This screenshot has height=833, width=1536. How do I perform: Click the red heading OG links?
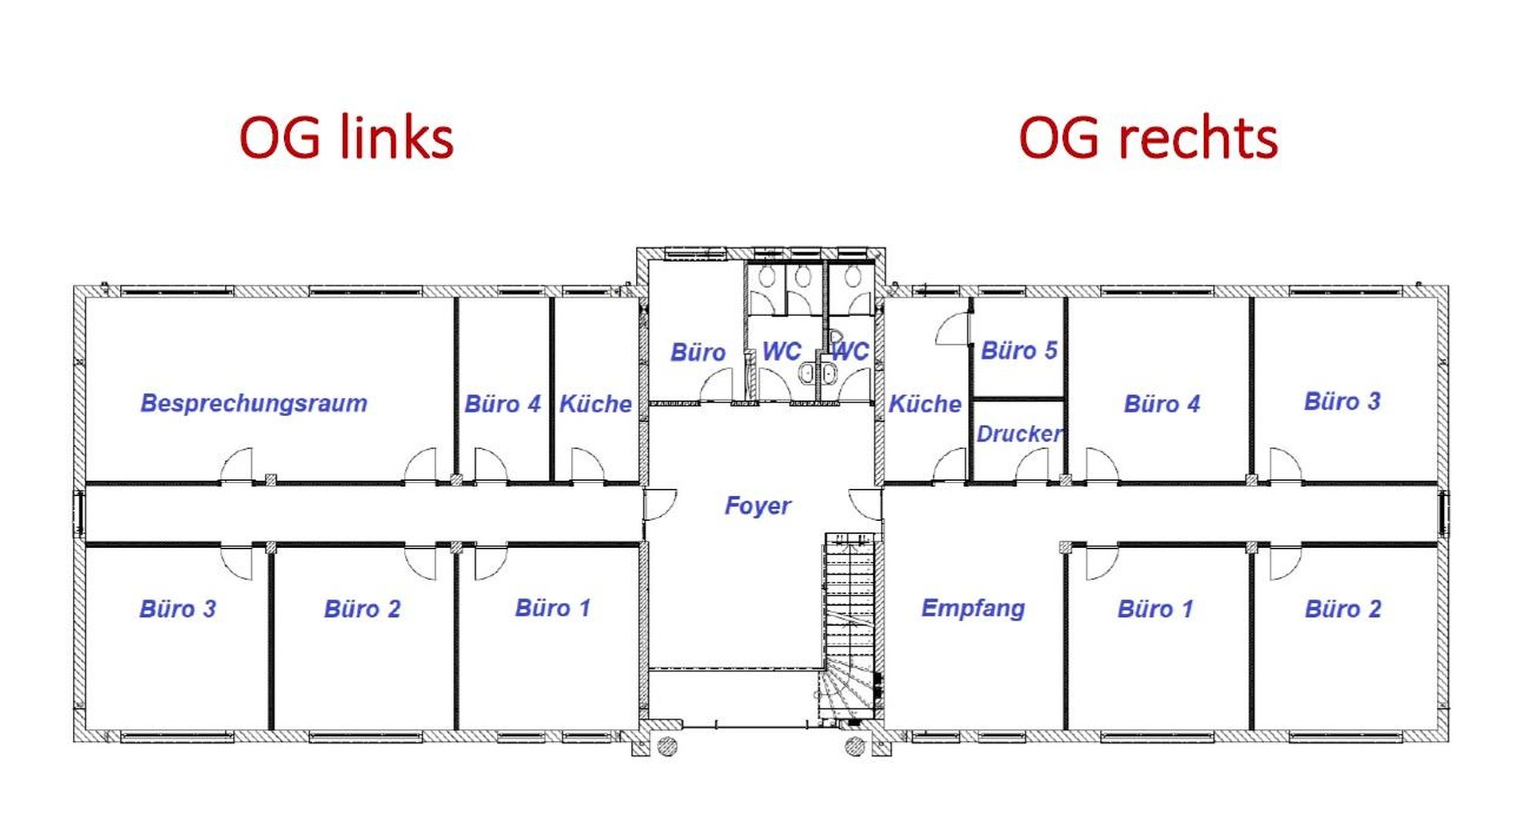click(346, 138)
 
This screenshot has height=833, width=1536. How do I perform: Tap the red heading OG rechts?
click(1148, 138)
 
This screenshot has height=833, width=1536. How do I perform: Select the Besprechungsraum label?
click(254, 403)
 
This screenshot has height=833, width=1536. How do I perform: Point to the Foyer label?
click(758, 506)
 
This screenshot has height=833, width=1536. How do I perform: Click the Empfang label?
click(973, 608)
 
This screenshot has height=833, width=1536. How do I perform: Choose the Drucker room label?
click(1019, 434)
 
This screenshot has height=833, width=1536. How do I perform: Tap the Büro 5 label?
click(1019, 350)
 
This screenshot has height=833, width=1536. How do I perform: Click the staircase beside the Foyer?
click(850, 628)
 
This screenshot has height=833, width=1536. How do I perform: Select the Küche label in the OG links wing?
click(595, 404)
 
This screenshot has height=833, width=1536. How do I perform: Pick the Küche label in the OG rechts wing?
click(925, 404)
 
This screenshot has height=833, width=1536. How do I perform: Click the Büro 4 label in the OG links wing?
click(502, 404)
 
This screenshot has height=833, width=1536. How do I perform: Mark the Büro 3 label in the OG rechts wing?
click(1342, 402)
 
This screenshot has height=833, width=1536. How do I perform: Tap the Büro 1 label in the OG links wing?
click(552, 608)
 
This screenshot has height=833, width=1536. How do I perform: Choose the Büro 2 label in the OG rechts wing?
click(1343, 609)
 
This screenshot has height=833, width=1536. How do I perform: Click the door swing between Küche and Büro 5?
click(953, 329)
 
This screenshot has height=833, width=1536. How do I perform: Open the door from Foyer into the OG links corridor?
click(660, 505)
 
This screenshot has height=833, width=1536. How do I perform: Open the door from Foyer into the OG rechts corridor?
click(866, 505)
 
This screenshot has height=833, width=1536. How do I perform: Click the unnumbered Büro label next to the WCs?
click(698, 353)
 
